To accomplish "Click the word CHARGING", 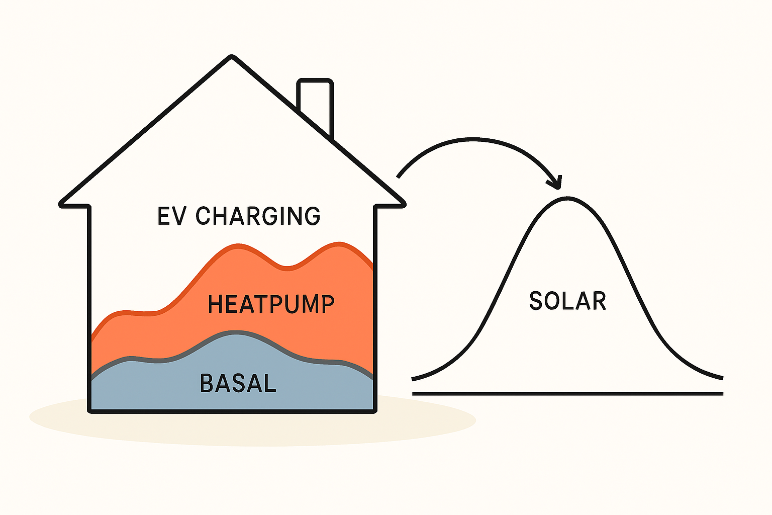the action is [258, 216].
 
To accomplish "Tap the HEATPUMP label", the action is [271, 304].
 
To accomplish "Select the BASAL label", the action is [238, 383].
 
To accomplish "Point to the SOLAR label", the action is [567, 301].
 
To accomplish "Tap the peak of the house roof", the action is [231, 57].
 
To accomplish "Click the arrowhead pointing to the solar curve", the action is [555, 183].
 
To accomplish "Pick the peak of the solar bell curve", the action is [567, 198].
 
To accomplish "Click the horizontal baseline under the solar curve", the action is [567, 394].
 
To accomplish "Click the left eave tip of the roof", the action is [61, 205].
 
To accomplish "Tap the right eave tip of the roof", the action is [404, 205].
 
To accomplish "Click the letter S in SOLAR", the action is [536, 301].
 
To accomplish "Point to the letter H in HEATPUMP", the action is [215, 304].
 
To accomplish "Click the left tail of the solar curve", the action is [413, 379].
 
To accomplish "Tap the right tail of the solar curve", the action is [722, 378].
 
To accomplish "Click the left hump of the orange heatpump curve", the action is [238, 245].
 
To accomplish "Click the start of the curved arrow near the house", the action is [398, 178].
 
